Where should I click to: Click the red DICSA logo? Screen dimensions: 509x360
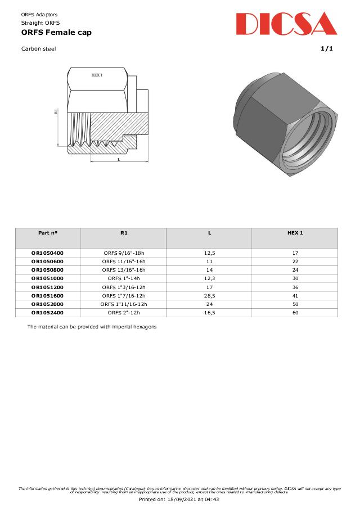click(x=286, y=24)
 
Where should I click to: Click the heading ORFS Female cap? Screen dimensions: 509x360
click(x=56, y=33)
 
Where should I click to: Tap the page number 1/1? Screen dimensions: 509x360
click(x=327, y=49)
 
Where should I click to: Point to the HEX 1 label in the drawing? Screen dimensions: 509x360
click(x=97, y=75)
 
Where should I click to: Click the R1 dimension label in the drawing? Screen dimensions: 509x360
click(x=56, y=111)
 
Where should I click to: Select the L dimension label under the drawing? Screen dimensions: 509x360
click(x=119, y=159)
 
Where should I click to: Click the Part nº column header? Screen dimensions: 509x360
click(x=48, y=233)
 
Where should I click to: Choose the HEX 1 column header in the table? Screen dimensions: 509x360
click(x=295, y=233)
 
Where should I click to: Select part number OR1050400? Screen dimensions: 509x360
click(x=48, y=253)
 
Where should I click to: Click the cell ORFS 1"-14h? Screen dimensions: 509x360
click(x=124, y=278)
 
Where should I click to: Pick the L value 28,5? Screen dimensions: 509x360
click(x=209, y=295)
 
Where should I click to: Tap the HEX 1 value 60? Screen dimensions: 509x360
click(x=295, y=312)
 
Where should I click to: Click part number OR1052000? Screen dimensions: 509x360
click(x=48, y=304)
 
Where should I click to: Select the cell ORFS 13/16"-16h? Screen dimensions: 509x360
click(x=124, y=270)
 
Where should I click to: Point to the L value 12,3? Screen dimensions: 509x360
click(x=209, y=278)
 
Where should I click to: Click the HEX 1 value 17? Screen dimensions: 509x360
click(x=295, y=253)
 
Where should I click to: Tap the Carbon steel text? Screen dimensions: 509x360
click(x=38, y=49)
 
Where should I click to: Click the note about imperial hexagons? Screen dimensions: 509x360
click(x=92, y=327)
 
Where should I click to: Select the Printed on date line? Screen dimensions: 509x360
click(x=179, y=499)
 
